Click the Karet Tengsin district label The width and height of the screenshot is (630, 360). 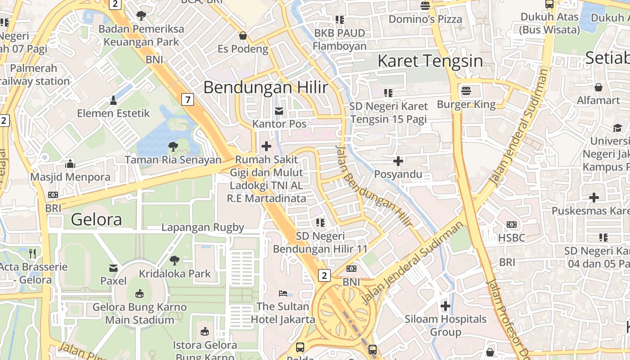430,61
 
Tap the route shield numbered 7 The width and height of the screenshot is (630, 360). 188,99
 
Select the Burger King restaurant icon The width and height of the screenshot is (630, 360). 466,90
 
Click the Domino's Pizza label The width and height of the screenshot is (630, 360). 425,19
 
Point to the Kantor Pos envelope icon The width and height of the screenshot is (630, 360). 279,111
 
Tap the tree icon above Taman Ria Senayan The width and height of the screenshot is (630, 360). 173,146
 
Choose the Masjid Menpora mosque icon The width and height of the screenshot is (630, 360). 70,164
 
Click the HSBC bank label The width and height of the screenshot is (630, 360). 512,238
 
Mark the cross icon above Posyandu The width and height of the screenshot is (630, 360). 398,161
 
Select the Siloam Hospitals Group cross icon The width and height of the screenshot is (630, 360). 445,306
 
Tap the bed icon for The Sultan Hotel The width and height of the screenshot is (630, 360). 283,293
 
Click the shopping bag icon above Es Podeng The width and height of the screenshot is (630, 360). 243,35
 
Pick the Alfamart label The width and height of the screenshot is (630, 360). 598,100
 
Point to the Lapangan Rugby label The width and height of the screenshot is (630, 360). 202,227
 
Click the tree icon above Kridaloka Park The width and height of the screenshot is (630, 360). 175,260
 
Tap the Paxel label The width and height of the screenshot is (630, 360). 113,281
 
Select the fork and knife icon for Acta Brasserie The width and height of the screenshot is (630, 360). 32,253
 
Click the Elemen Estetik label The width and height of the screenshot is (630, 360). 113,113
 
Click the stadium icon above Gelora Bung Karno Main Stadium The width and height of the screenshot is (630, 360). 139,294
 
